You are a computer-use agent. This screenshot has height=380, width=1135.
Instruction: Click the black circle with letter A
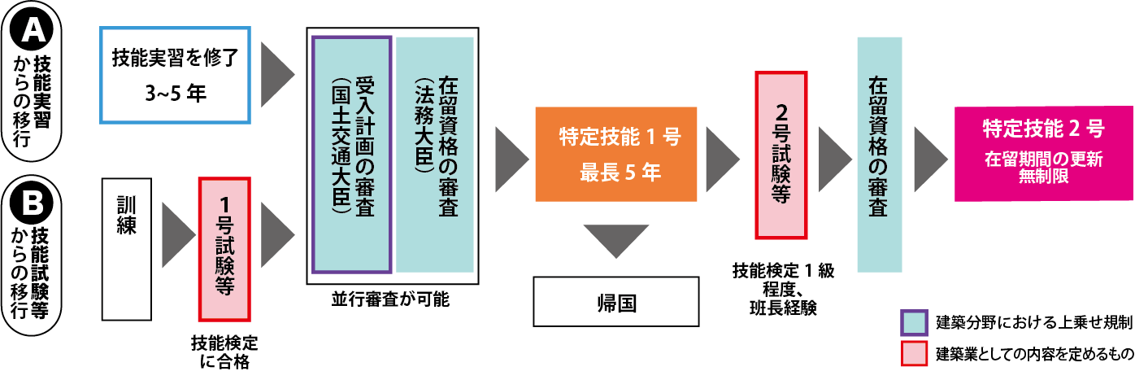point(35,32)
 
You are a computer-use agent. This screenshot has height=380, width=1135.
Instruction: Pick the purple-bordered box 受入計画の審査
point(352,154)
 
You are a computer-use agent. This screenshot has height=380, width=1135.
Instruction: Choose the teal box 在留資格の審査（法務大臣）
point(435,155)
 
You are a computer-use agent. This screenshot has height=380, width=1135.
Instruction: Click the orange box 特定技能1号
point(615,154)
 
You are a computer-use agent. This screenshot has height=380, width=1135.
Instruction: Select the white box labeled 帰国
point(615,302)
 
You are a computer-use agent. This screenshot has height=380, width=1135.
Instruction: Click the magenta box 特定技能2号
point(1043,154)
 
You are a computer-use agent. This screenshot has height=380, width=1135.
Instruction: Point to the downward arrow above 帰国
point(615,241)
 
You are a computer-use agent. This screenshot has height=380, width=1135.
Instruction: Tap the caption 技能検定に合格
point(224,350)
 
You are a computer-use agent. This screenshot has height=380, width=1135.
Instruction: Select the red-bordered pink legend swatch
point(914,355)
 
